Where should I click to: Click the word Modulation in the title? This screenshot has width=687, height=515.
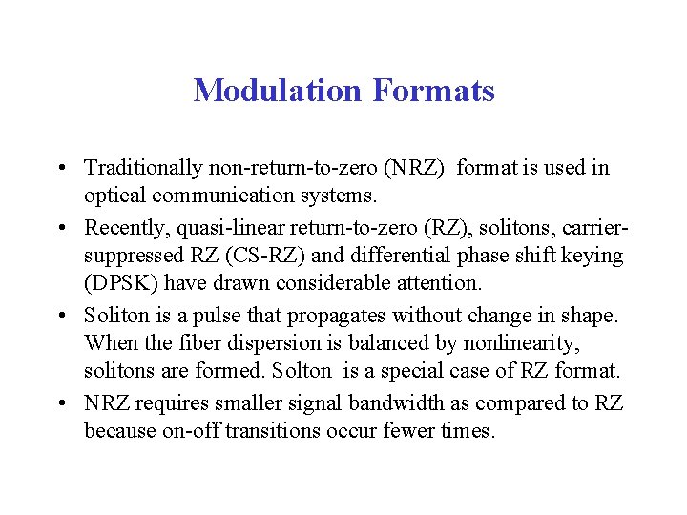point(278,91)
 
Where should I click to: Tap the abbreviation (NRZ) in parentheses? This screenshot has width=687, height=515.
point(413,168)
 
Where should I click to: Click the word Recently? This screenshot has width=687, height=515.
point(121,227)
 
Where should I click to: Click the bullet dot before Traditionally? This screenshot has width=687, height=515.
point(61,169)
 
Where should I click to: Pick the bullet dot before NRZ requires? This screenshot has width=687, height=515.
point(61,403)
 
